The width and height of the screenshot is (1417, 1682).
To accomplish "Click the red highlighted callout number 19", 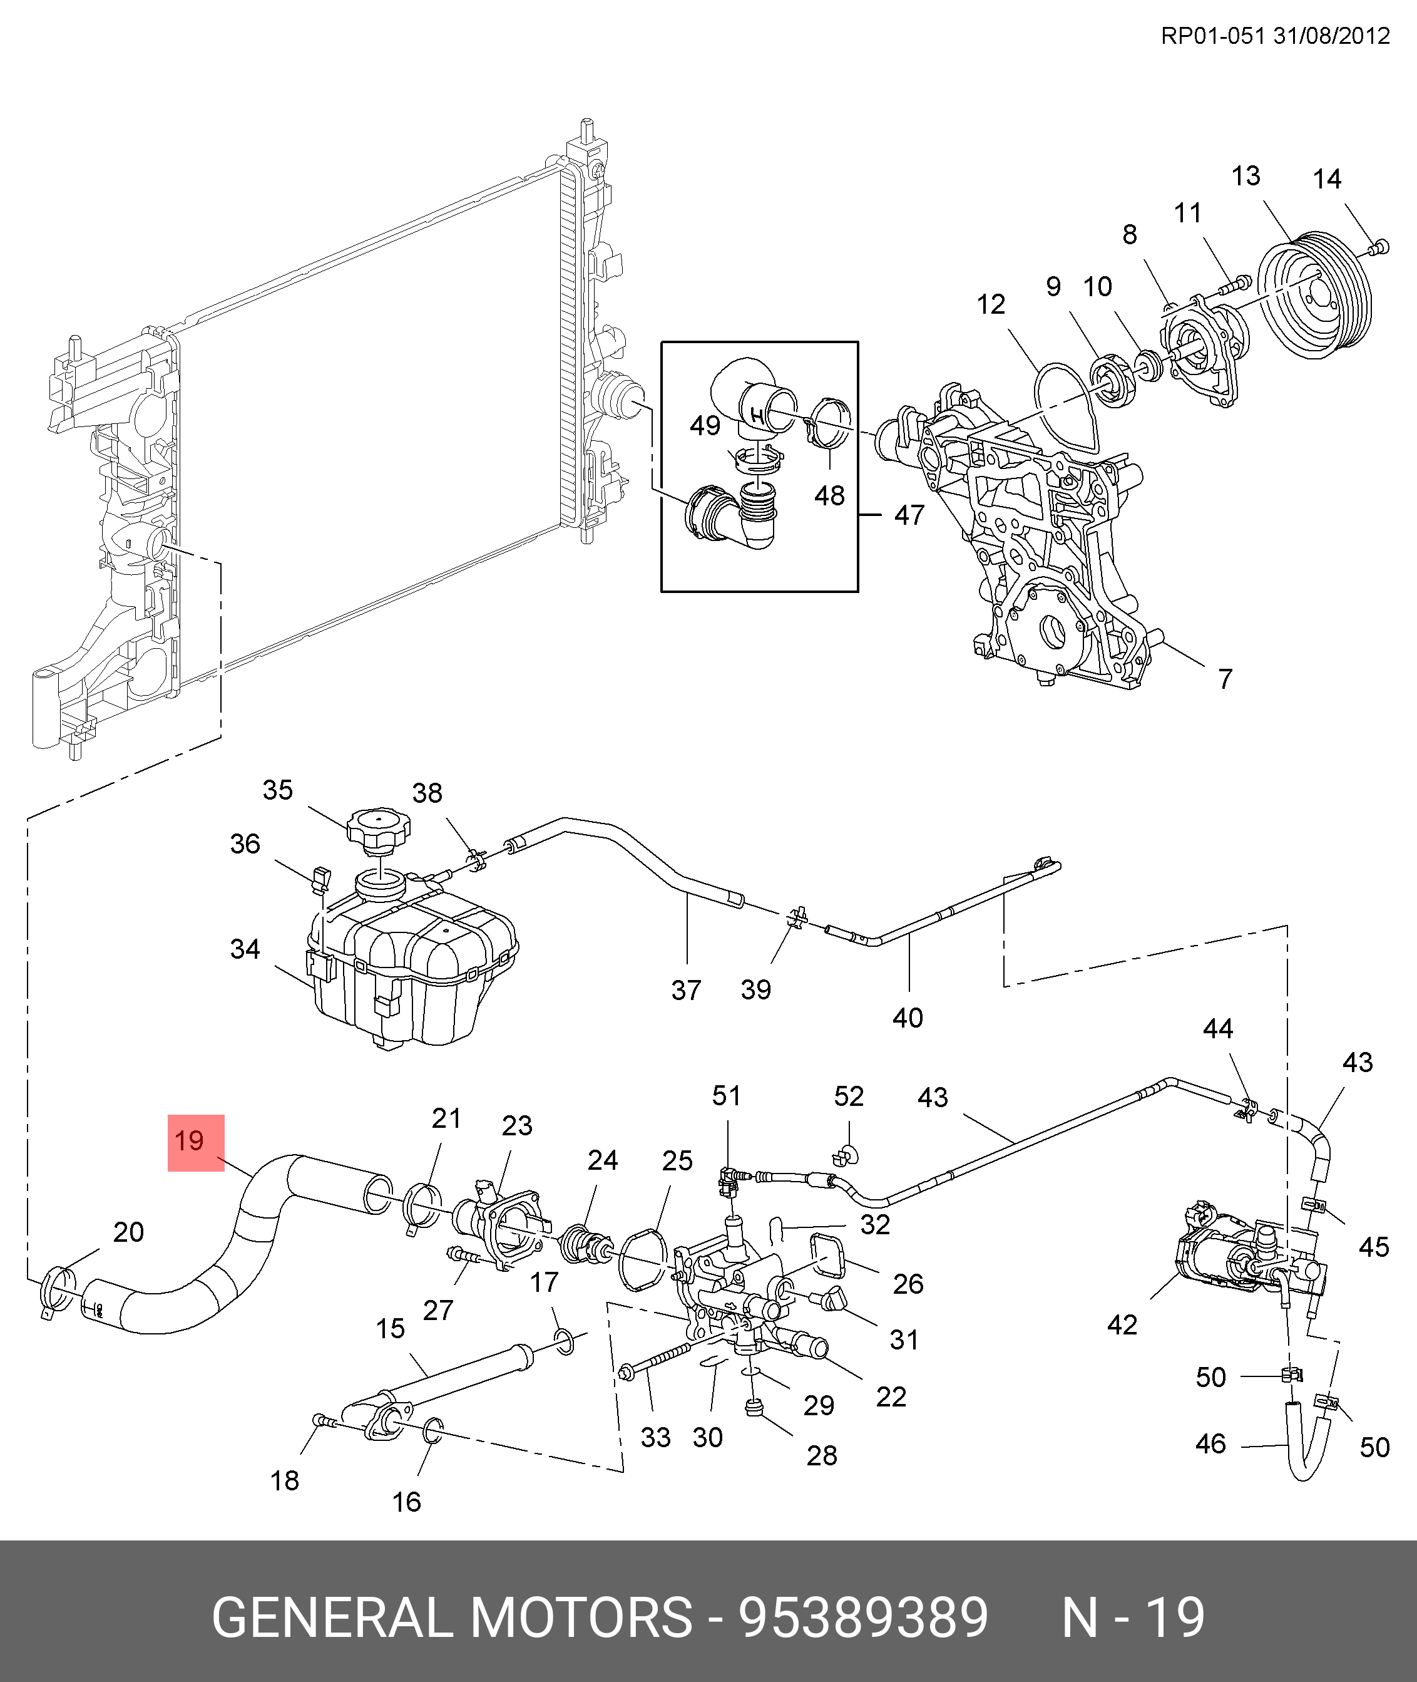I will pyautogui.click(x=195, y=1142).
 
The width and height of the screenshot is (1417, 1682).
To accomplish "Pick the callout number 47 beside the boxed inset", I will pyautogui.click(x=909, y=515).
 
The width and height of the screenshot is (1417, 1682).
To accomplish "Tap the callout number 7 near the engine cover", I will pyautogui.click(x=1224, y=679).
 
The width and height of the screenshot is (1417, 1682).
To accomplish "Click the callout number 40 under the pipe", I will pyautogui.click(x=908, y=1018).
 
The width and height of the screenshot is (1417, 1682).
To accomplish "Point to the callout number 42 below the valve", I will pyautogui.click(x=1122, y=1324).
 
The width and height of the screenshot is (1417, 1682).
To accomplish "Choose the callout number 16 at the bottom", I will pyautogui.click(x=406, y=1502).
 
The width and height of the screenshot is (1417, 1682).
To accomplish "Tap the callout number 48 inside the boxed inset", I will pyautogui.click(x=829, y=496).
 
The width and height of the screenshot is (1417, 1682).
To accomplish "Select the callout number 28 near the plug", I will pyautogui.click(x=822, y=1455).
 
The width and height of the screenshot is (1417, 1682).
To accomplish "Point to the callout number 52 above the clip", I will pyautogui.click(x=848, y=1096).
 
